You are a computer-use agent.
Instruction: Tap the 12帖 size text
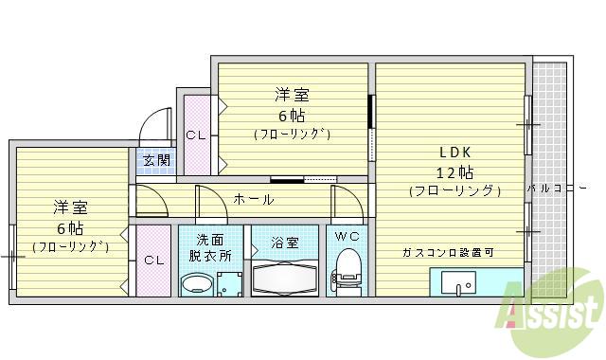coord(454,171)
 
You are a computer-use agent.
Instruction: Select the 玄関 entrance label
coord(156,160)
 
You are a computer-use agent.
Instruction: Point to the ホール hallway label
coord(253,200)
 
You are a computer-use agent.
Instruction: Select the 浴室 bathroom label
coord(285,243)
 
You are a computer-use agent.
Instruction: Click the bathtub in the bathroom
coord(286,279)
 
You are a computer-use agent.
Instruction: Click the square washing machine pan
coord(229,283)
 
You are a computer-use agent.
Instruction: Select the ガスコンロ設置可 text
coord(447,252)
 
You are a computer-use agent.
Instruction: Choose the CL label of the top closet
coord(195,135)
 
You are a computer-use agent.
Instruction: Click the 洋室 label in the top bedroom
coord(292,96)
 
